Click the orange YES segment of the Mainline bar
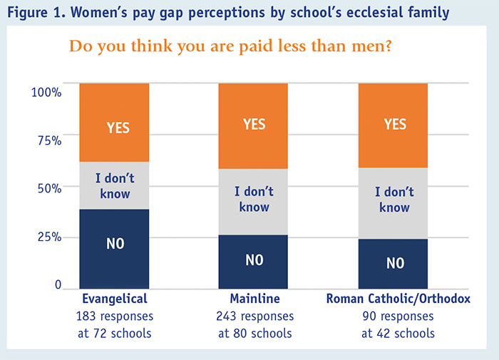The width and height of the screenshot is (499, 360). [x=254, y=125]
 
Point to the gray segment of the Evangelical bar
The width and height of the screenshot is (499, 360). [x=114, y=185]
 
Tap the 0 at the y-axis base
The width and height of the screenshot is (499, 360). [x=58, y=285]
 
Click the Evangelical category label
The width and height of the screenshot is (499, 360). [x=115, y=299]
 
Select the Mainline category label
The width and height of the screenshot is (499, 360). [x=254, y=299]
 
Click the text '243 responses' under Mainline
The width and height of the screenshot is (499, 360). [x=254, y=315]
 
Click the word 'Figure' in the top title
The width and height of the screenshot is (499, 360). [x=29, y=12]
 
